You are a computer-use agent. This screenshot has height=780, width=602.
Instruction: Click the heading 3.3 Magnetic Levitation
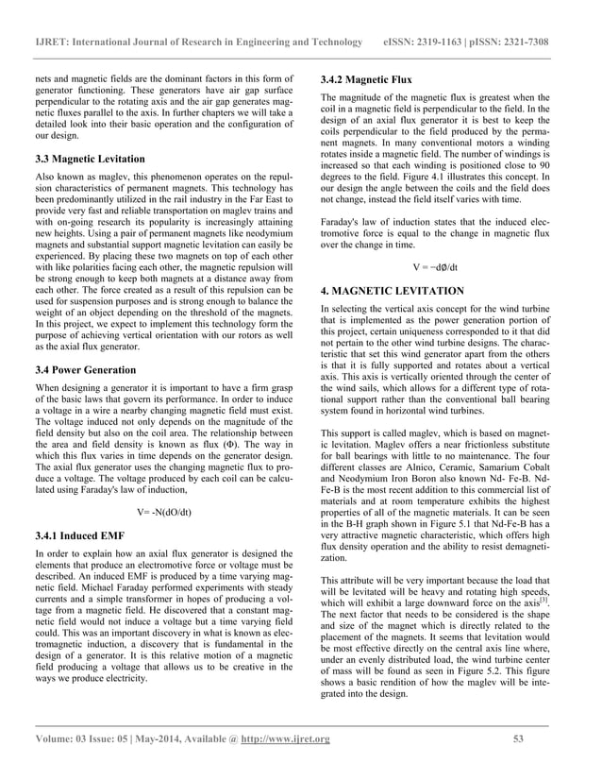pyautogui.click(x=91, y=159)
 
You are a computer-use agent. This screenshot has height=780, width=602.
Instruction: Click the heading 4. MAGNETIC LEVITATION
pyautogui.click(x=393, y=291)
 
